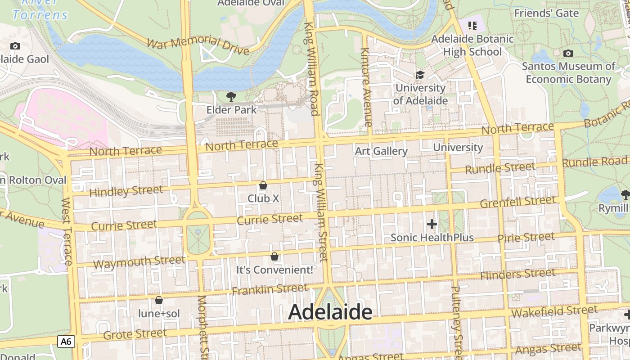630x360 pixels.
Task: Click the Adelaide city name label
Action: pos(330,311)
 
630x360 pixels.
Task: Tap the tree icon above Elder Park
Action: pos(231,96)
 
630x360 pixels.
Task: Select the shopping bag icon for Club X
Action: pos(263,185)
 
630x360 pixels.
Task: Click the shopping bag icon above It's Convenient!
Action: pos(274,256)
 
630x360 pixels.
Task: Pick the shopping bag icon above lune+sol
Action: pos(158,300)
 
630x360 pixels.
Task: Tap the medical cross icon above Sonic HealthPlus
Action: pos(432,224)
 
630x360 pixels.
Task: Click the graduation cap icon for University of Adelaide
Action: pos(420,75)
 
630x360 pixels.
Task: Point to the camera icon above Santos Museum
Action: pos(568,54)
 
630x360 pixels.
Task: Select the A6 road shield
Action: pos(66,342)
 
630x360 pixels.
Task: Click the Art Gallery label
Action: pos(381,151)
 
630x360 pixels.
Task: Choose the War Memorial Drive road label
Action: pos(198,46)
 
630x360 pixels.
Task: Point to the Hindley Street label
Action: pos(126,191)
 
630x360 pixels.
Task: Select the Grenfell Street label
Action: pos(517,202)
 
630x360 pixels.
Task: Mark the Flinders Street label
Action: pos(517,274)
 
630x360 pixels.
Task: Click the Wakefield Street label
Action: pos(554,311)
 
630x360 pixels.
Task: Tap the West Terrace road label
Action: pos(67,231)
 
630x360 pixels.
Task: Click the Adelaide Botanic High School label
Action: pos(472,45)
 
